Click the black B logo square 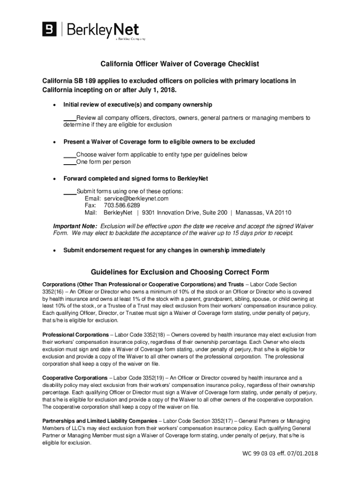coord(50,30)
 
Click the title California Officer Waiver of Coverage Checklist coord(180,64)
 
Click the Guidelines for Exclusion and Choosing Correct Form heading coord(180,272)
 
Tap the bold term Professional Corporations coord(75,335)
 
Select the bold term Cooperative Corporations coord(75,377)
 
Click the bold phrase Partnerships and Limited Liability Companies coord(100,421)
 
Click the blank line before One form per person coord(70,162)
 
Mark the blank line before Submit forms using coord(70,191)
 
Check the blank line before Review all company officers coord(70,118)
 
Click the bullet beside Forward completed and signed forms coord(55,179)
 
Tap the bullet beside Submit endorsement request coord(55,251)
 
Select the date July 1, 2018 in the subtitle coord(158,89)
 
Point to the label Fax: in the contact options coord(90,205)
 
